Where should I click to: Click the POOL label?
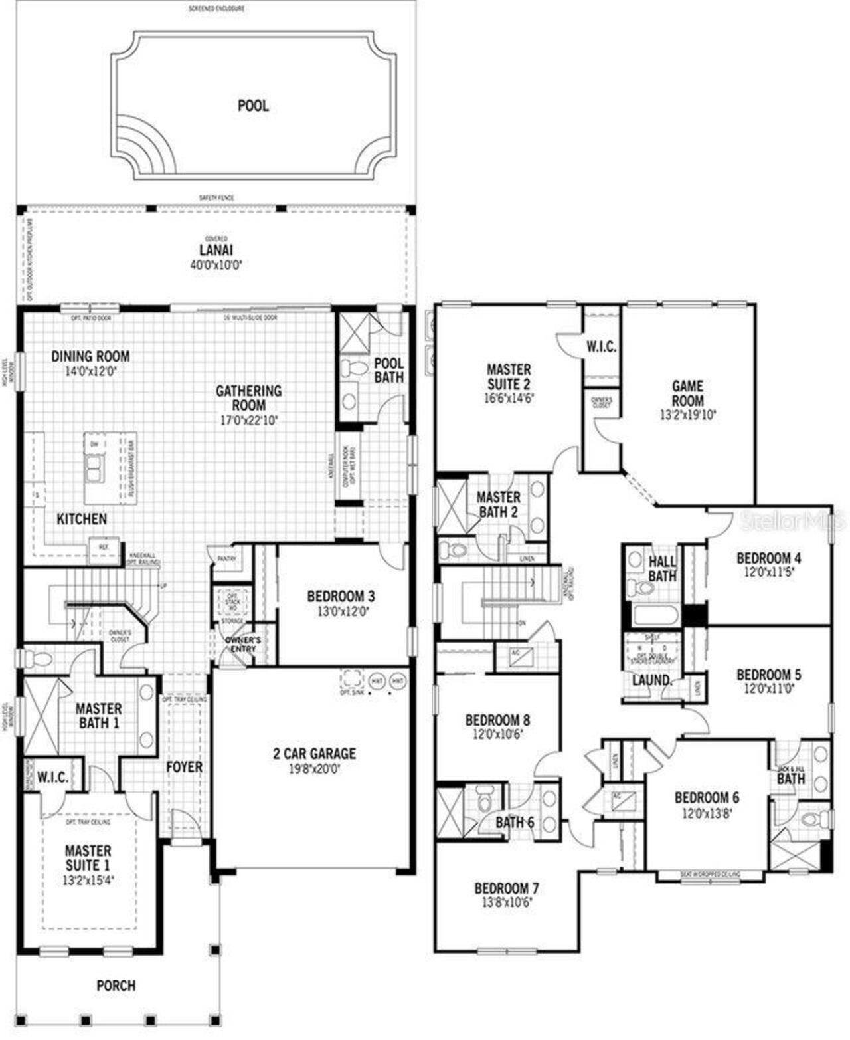pos(253,106)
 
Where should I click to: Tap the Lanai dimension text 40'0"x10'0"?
pos(216,264)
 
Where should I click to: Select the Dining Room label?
pos(90,356)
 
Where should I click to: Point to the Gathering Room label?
pos(248,398)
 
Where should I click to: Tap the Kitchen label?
pos(82,519)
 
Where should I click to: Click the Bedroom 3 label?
pos(341,596)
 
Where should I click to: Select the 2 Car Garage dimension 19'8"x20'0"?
pos(314,769)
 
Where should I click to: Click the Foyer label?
pos(184,767)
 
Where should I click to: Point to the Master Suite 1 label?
pos(88,858)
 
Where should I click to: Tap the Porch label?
pos(116,985)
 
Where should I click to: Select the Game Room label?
pos(687,393)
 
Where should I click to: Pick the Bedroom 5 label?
pos(768,675)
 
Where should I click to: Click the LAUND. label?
pos(650,680)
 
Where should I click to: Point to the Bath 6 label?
pos(514,822)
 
